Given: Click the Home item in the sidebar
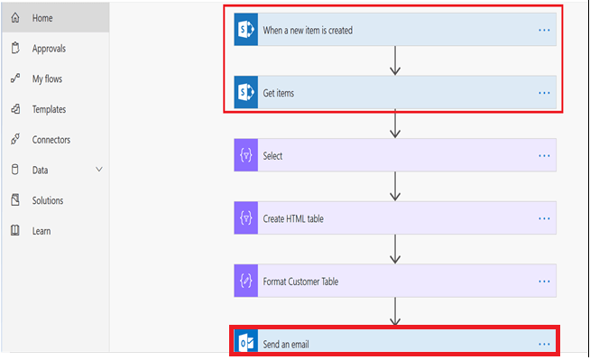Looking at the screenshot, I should click(x=42, y=18).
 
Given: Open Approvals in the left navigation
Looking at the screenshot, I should click(x=48, y=49).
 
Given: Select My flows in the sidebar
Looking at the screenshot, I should click(x=47, y=78).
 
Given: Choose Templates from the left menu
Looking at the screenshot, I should click(x=49, y=109).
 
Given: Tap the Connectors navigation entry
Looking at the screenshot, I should click(x=51, y=140).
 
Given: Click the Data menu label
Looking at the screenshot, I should click(x=40, y=170).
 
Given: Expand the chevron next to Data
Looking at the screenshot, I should click(x=99, y=170).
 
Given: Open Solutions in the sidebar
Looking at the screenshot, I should click(x=48, y=200).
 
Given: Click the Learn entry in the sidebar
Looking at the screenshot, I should click(x=41, y=231).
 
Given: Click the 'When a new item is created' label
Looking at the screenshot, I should click(x=307, y=30).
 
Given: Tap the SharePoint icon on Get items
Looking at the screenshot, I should click(x=246, y=92).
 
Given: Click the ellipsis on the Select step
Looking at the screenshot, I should click(x=544, y=155).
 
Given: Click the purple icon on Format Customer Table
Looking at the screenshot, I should click(x=246, y=281).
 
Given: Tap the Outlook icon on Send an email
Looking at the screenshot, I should click(x=246, y=344).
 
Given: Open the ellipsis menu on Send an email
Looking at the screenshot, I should click(x=544, y=344).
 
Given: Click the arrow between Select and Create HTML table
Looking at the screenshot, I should click(x=395, y=187).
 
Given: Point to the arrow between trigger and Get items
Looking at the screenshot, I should click(x=395, y=60).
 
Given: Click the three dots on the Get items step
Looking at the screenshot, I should click(x=544, y=92).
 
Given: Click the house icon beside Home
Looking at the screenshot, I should click(x=15, y=18).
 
